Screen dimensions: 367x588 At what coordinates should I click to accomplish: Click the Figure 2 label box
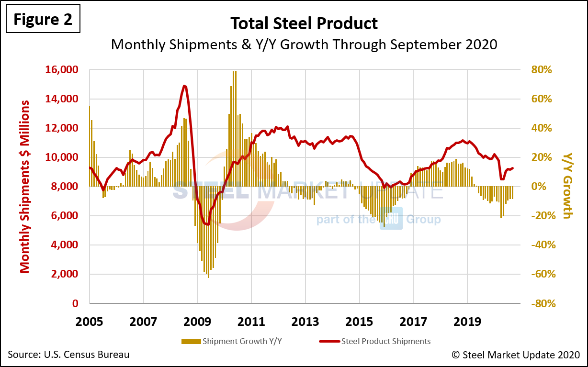[x=42, y=19]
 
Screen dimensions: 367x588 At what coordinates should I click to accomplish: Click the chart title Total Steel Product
[x=304, y=23]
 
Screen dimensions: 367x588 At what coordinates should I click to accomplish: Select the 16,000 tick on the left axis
[x=61, y=70]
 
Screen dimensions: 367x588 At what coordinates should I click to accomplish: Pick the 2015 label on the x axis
[x=360, y=321]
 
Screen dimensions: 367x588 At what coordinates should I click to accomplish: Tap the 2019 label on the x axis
[x=467, y=321]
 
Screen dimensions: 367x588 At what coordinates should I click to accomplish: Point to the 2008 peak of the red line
[x=184, y=86]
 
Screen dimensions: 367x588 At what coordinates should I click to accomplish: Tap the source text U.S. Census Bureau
[x=68, y=355]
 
